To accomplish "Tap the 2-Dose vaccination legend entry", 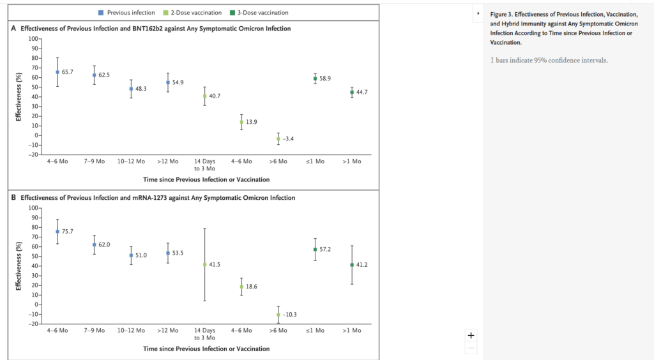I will [195, 12].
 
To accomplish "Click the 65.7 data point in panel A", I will [57, 72].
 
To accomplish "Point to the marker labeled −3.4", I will [278, 139].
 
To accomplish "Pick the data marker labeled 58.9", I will [316, 79].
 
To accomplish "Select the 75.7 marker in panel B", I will [57, 232].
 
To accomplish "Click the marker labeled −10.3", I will [278, 315].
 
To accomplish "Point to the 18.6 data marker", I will [242, 287].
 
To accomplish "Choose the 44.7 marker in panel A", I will [352, 93].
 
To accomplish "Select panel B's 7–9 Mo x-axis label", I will [94, 331].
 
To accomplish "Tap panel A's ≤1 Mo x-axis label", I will [315, 161].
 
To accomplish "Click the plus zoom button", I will [471, 335].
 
